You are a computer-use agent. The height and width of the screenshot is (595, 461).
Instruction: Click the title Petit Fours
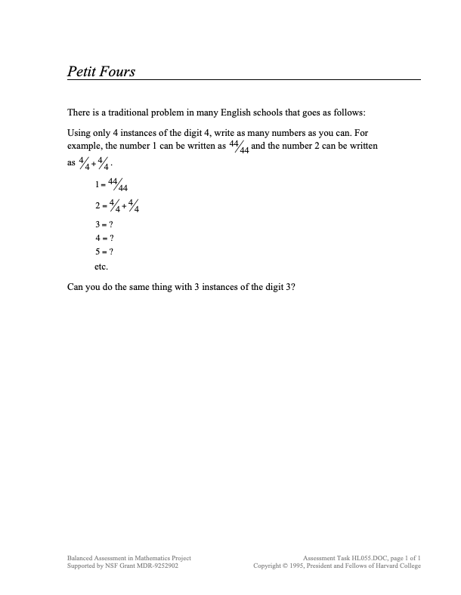point(101,72)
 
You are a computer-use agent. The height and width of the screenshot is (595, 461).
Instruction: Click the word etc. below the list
point(101,267)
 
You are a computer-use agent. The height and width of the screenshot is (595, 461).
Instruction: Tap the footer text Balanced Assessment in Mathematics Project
point(128,558)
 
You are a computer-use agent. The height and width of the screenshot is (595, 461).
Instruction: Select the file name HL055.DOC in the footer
point(367,558)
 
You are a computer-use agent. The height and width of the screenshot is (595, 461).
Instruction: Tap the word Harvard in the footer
point(384,566)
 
